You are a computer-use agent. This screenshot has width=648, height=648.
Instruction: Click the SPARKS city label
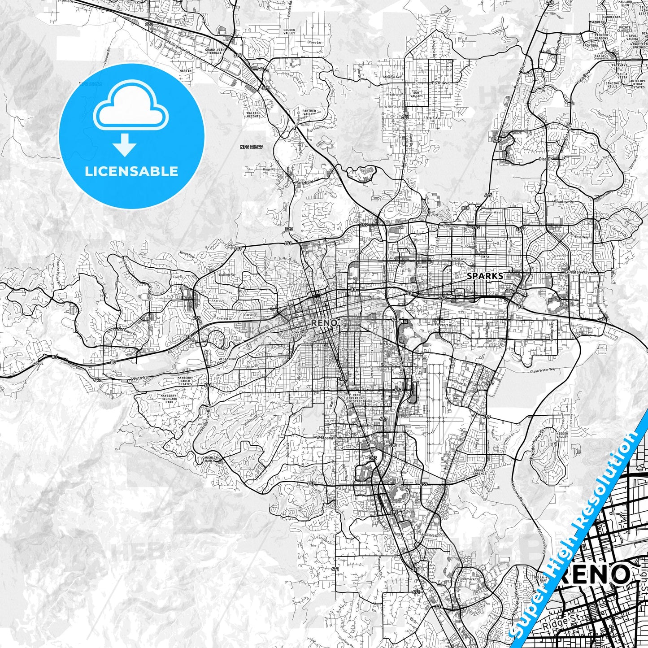pyautogui.click(x=485, y=276)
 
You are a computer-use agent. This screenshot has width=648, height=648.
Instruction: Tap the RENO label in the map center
pyautogui.click(x=324, y=322)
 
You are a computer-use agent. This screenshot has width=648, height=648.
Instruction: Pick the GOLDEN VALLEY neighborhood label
pyautogui.click(x=289, y=31)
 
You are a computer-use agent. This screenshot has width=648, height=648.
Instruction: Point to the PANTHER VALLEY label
pyautogui.click(x=309, y=112)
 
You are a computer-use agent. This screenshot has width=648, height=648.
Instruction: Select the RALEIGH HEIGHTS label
pyautogui.click(x=253, y=114)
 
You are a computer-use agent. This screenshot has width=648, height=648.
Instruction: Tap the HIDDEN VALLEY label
pyautogui.click(x=562, y=435)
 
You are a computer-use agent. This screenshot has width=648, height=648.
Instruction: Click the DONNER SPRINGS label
pyautogui.click(x=479, y=472)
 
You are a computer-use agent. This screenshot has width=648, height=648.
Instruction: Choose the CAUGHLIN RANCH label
pyautogui.click(x=210, y=459)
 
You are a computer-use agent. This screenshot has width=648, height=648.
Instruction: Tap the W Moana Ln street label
pyautogui.click(x=326, y=437)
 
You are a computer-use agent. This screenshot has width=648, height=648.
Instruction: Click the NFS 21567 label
pyautogui.click(x=251, y=147)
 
